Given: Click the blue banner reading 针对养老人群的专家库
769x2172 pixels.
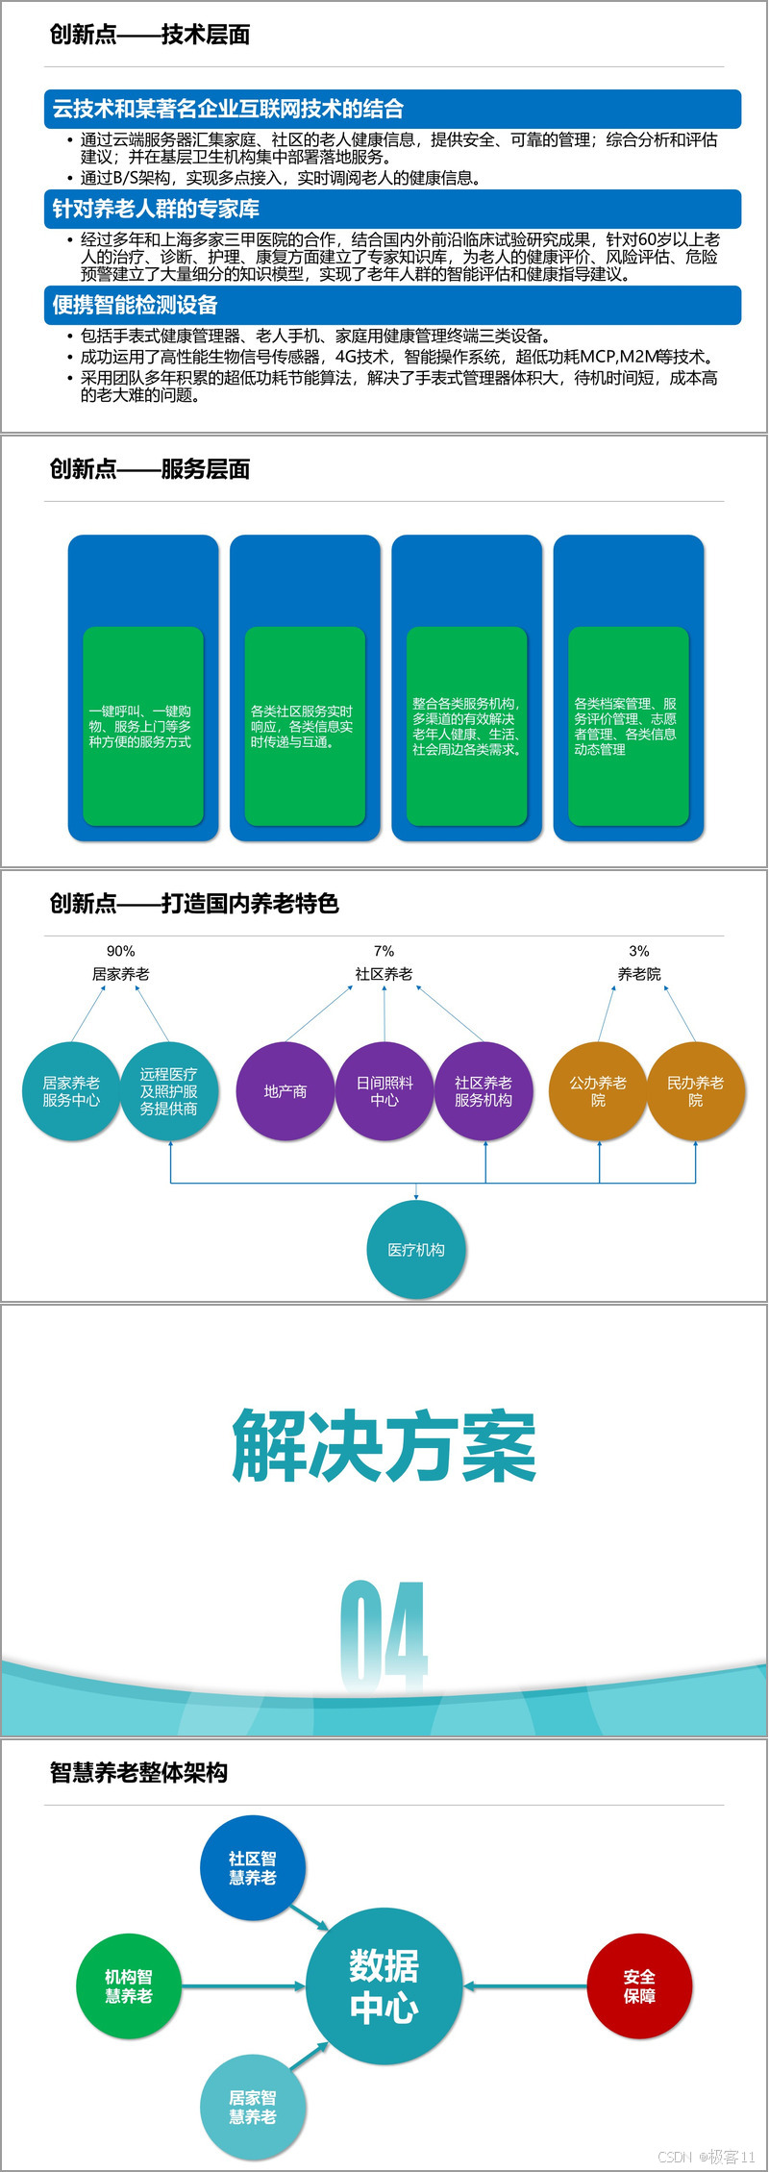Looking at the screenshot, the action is pos(392,209).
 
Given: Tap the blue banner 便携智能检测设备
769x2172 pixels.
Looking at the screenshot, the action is pos(392,305).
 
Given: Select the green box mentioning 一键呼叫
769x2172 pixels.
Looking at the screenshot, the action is pos(143,726).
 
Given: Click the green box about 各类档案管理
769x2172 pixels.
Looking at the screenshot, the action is pos(629,726).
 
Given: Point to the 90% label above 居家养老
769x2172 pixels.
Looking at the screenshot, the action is pos(121,951).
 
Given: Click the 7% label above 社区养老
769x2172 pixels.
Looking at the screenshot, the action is pos(384,951).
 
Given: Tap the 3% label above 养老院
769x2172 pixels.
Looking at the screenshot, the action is pos(639,951).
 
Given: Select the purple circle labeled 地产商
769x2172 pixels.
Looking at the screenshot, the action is pos(285,1091).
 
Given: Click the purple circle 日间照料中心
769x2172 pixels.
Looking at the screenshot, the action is pos(384,1091).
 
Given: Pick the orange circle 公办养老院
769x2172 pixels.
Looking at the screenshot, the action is pos(598,1091).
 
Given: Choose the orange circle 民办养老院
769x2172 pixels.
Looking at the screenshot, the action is pos(696,1091).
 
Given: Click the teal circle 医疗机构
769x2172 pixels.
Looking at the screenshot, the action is pos(416,1249).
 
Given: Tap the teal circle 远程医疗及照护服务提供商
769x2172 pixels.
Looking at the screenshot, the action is pos(169,1091).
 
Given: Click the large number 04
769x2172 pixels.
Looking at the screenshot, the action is pos(384,1635).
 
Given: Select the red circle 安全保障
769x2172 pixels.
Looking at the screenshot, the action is pos(639,1986).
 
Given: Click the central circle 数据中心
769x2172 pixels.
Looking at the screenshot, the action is pos(384,1986).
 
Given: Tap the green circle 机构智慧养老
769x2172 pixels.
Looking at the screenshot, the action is pos(129,1986).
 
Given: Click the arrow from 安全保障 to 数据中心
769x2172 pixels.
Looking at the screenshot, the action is pos(526,1986).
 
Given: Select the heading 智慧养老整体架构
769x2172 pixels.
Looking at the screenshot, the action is pos(138,1773).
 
